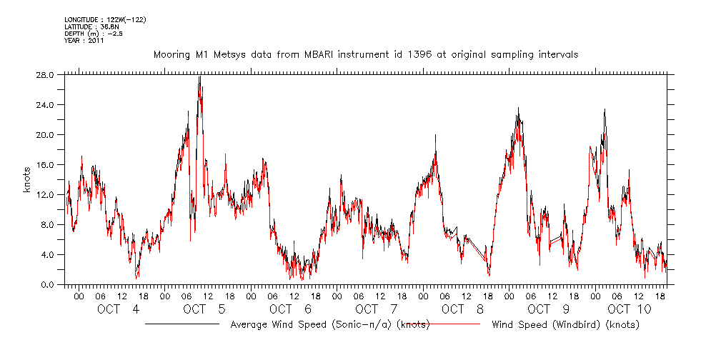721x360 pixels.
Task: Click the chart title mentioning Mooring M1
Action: tap(366, 54)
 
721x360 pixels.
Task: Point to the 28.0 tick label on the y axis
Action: tap(46, 74)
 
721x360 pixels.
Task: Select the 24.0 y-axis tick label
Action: tap(46, 104)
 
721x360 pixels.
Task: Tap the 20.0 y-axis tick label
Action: tap(46, 134)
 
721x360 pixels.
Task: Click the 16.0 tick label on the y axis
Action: tap(46, 164)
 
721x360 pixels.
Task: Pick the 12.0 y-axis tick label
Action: tap(46, 194)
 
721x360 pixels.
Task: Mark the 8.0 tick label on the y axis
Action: tap(49, 224)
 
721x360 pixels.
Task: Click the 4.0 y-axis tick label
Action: tap(49, 254)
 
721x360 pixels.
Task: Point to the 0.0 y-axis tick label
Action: tap(49, 284)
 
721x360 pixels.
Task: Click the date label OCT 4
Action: tap(119, 309)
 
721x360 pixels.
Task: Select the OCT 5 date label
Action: tap(205, 309)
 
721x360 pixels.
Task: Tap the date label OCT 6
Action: tap(291, 309)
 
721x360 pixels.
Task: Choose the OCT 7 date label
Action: tap(377, 309)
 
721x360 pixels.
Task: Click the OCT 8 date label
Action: tap(463, 309)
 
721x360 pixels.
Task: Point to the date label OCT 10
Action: tap(630, 309)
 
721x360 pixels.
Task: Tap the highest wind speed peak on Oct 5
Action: tap(199, 76)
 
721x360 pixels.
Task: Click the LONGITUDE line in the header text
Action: tap(105, 19)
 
